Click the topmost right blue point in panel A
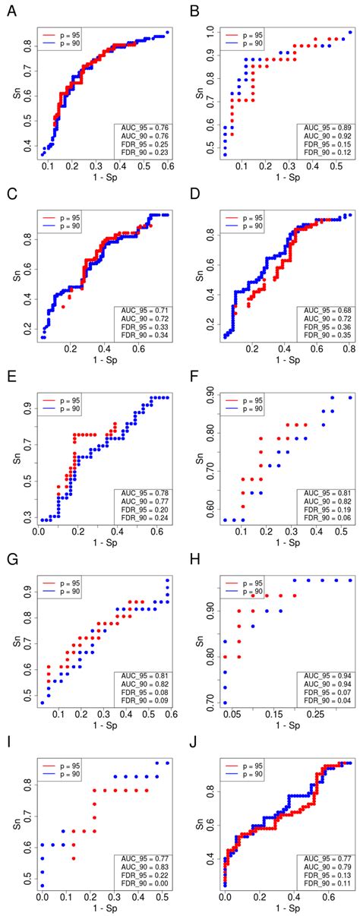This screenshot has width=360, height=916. click(167, 33)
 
